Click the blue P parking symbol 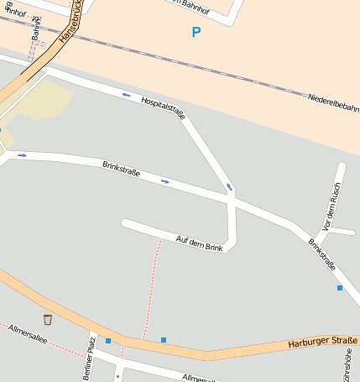(x=196, y=33)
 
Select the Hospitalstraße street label (x=163, y=107)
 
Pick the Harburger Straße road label (x=316, y=342)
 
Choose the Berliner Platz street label (x=89, y=359)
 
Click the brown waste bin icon (x=48, y=319)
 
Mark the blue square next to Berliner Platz (x=108, y=340)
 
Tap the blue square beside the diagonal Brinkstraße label (x=340, y=288)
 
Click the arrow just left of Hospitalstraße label (x=126, y=95)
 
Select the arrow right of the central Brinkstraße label (x=165, y=181)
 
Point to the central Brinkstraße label (x=121, y=169)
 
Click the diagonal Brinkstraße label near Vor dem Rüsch (x=321, y=254)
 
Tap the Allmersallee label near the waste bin (x=28, y=338)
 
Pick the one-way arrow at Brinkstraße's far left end (x=22, y=155)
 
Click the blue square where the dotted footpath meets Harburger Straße (x=164, y=340)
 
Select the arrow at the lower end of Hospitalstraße (x=229, y=186)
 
